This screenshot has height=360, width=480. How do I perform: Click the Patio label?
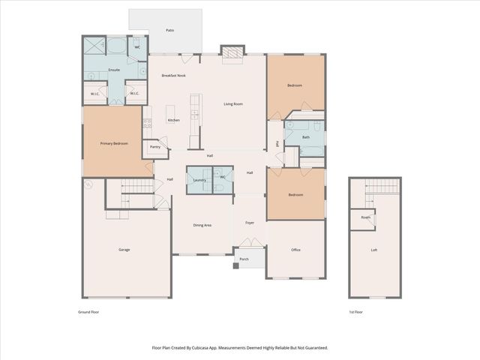tap(170, 31)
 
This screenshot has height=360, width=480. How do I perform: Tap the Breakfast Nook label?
tap(174, 76)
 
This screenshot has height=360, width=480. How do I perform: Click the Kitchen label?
tap(173, 120)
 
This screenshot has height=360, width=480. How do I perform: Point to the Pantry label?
tap(155, 147)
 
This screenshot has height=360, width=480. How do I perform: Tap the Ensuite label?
tap(114, 70)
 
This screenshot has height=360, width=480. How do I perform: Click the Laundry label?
tap(199, 180)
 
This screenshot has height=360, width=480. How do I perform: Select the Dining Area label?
tap(202, 225)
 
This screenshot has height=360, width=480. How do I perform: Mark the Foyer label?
tap(249, 222)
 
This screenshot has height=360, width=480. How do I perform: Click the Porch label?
tap(244, 259)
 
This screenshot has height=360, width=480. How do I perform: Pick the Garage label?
tap(124, 249)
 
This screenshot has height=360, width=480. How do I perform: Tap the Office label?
tap(295, 250)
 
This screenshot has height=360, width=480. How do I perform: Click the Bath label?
tap(305, 137)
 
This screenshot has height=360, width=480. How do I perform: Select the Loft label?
tap(374, 250)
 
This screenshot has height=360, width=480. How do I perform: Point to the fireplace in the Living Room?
tap(232, 51)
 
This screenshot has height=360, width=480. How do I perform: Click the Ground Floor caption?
tap(89, 311)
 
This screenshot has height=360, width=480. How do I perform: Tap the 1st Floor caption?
tap(355, 311)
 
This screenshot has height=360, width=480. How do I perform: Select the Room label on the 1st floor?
tap(365, 217)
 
